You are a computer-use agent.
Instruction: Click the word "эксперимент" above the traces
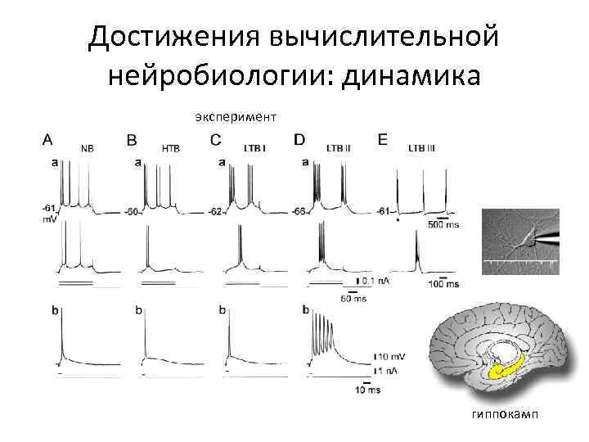[x=236, y=117]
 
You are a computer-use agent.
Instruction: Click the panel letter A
[x=48, y=140]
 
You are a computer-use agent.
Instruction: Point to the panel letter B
[x=133, y=140]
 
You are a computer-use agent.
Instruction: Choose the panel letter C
[x=215, y=140]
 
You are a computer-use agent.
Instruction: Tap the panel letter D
[x=299, y=140]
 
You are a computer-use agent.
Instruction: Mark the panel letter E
[x=383, y=140]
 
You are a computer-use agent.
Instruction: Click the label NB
[x=87, y=149]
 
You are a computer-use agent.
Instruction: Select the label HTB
[x=171, y=149]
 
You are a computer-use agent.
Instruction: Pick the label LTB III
[x=422, y=149]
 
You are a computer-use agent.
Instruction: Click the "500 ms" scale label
[x=443, y=224]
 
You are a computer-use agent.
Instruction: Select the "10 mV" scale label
[x=392, y=356]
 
